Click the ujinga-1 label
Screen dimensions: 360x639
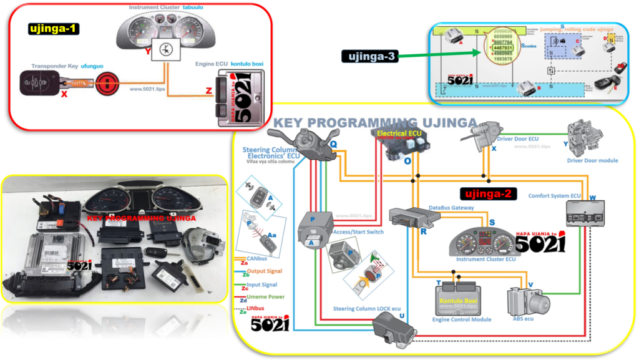[54, 28]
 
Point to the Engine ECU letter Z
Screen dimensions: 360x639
[208, 90]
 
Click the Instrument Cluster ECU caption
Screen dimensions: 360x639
[484, 258]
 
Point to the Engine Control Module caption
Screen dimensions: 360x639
[462, 319]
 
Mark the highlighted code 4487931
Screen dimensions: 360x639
[503, 47]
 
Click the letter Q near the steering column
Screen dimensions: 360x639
[333, 144]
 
